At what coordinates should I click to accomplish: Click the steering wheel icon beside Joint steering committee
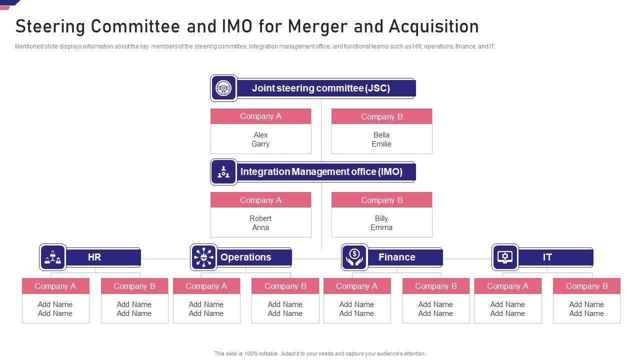pos(223,88)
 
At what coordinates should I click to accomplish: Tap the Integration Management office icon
pos(223,172)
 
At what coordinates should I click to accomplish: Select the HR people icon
pos(52,257)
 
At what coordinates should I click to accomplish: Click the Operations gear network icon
pos(203,257)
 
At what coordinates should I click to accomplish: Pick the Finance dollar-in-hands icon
pos(354,257)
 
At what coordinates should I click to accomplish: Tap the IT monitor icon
pos(505,257)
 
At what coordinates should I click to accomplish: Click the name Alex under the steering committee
pos(260,135)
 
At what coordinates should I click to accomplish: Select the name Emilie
pos(381,144)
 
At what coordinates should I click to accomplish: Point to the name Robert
pos(260,218)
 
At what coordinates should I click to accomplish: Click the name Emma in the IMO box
pos(381,227)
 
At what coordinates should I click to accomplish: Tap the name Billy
pos(381,218)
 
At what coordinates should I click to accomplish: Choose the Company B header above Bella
pos(381,116)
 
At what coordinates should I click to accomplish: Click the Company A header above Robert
pos(260,200)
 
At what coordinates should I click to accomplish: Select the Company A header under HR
pos(55,286)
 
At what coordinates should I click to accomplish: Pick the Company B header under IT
pos(586,286)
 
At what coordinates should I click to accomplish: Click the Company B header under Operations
pos(285,286)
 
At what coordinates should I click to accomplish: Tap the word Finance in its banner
pos(396,257)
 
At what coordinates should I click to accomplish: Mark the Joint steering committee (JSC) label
pos(320,88)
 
